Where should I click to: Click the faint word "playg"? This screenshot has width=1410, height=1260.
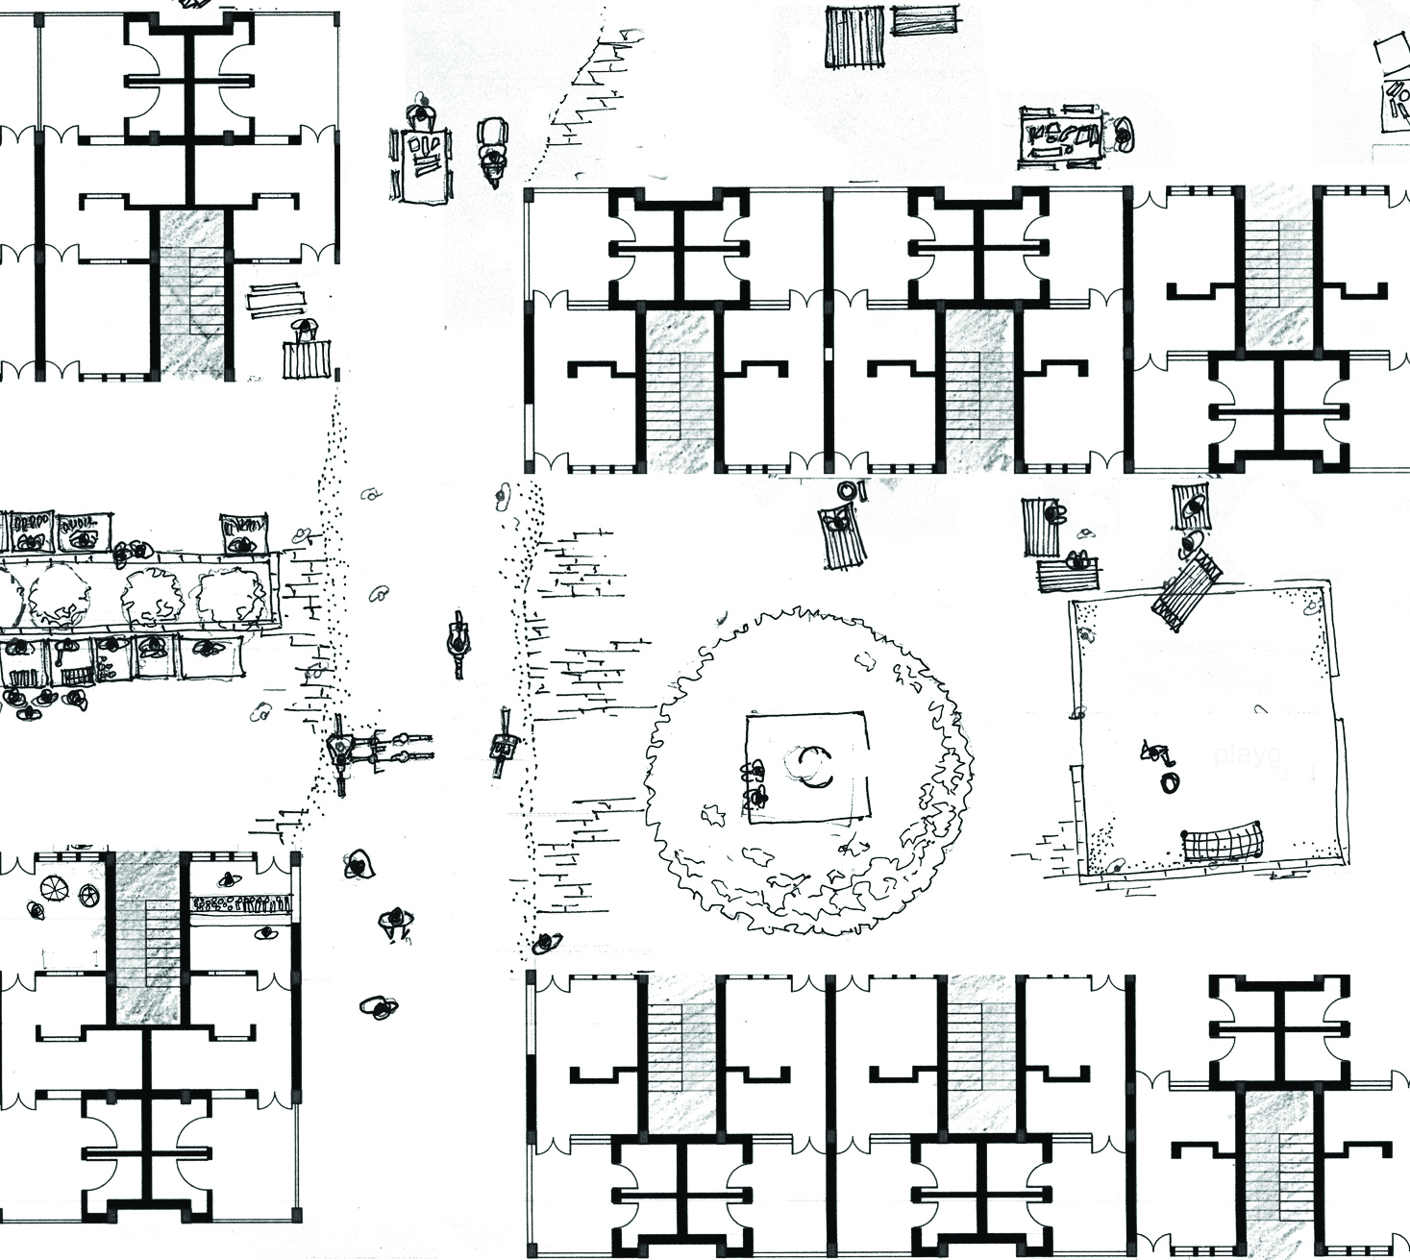pyautogui.click(x=1247, y=754)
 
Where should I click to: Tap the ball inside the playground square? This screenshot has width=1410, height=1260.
pyautogui.click(x=1169, y=782)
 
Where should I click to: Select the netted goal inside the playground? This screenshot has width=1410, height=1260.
pyautogui.click(x=1221, y=843)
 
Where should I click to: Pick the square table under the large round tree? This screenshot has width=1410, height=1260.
pyautogui.click(x=807, y=766)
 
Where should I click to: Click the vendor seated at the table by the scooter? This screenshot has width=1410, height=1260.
pyautogui.click(x=421, y=116)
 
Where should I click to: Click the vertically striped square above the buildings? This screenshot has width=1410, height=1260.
pyautogui.click(x=853, y=37)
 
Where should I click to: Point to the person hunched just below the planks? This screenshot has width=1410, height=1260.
pyautogui.click(x=305, y=332)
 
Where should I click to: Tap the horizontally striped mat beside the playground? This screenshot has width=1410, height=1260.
pyautogui.click(x=1068, y=574)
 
